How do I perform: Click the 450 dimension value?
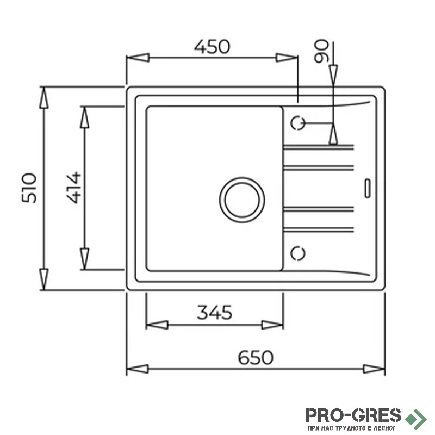[x=212, y=47]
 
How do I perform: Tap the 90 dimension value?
[x=321, y=51]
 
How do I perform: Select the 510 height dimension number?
[x=29, y=188]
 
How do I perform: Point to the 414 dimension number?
[x=74, y=188]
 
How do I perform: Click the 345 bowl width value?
[x=214, y=312]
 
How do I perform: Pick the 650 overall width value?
[x=256, y=357]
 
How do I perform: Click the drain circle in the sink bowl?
[x=242, y=200]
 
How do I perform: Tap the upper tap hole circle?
[x=297, y=123]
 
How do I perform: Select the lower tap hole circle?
[x=297, y=253]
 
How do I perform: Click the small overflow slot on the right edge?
[x=368, y=188]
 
